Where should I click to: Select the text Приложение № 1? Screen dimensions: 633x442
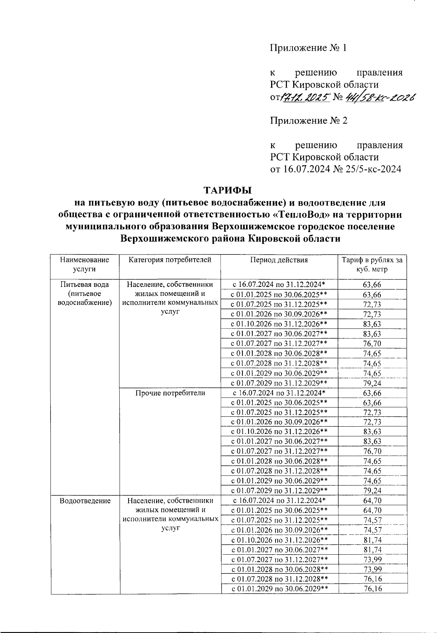tap(309, 48)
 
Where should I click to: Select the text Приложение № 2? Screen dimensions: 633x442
tap(309, 121)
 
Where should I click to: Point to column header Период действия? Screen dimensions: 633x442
tap(279, 260)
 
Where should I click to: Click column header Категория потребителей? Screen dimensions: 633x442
tap(170, 260)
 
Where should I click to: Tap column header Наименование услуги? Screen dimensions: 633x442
tap(85, 264)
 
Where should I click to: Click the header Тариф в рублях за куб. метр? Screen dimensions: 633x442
tap(372, 264)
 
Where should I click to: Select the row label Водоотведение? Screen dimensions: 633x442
tap(85, 501)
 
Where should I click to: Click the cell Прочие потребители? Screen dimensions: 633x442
tap(170, 393)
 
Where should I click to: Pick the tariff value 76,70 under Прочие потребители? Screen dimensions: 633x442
tap(372, 451)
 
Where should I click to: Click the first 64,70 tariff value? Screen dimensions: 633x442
tap(372, 501)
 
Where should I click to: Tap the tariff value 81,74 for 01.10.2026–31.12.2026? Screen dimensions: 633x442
tap(372, 540)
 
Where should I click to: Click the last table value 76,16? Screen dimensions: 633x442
tap(372, 589)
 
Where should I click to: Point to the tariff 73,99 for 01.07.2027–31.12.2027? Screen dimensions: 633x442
tap(372, 559)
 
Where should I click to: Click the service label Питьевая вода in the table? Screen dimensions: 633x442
tap(85, 285)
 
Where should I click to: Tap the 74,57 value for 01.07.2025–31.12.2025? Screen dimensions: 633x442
tap(372, 520)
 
